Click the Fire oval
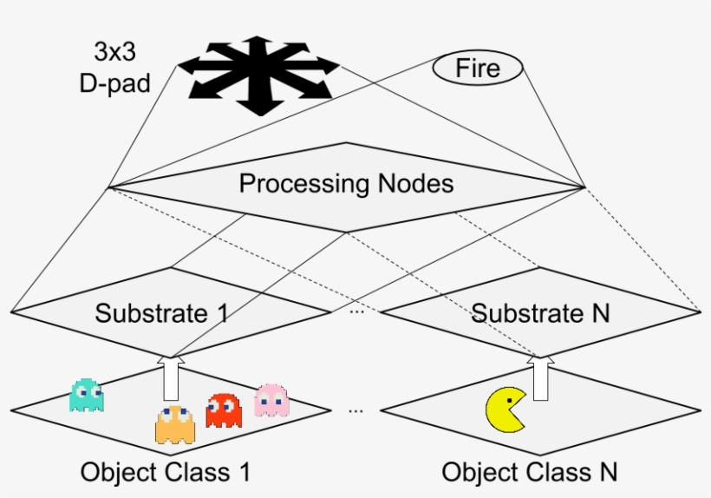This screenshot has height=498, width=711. (478, 68)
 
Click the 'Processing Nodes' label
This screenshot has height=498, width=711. (346, 184)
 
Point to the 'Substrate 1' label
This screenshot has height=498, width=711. (162, 312)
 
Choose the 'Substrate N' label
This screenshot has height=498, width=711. (540, 312)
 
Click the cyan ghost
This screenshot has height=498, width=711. (87, 395)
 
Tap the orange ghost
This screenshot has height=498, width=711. (175, 423)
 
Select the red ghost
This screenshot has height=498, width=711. (224, 410)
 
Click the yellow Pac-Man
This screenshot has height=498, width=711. (506, 410)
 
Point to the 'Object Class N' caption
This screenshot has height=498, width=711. (529, 472)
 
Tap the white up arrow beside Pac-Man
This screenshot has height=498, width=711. (543, 377)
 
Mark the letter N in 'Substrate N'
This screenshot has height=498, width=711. (600, 312)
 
